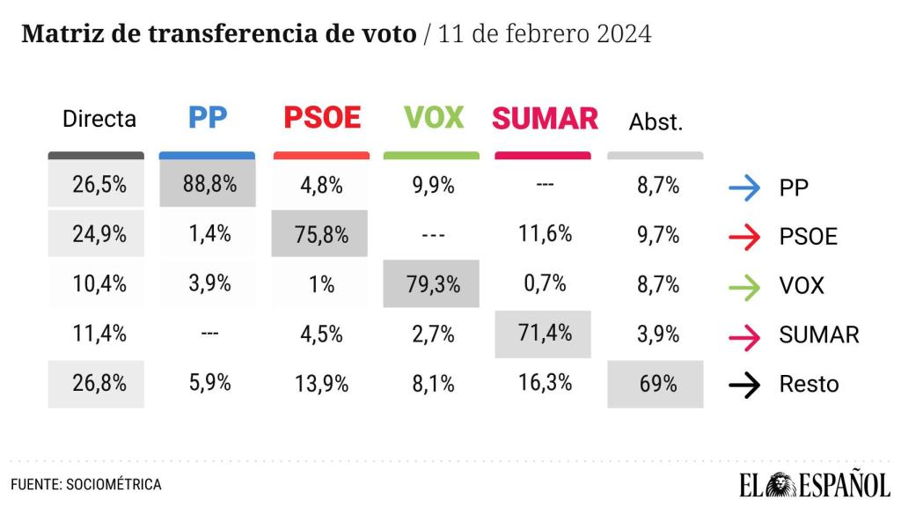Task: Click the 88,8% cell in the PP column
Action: pos(208,185)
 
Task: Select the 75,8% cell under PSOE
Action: pos(319,235)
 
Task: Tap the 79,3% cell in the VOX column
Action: pos(431,283)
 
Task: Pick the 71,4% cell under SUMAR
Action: pos(543,334)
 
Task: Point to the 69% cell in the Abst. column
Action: pos(656,384)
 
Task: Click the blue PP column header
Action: pos(208,118)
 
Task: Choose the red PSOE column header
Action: pos(322,118)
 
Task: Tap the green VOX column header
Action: pos(433,118)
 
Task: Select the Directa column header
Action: pos(99,120)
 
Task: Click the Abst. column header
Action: pos(656,122)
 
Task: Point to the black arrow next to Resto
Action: pos(744,385)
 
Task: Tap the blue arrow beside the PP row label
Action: pos(744,187)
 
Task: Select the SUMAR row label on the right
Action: pos(819,334)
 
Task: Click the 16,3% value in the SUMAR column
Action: pos(546,383)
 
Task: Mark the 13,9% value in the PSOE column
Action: pos(322,384)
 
